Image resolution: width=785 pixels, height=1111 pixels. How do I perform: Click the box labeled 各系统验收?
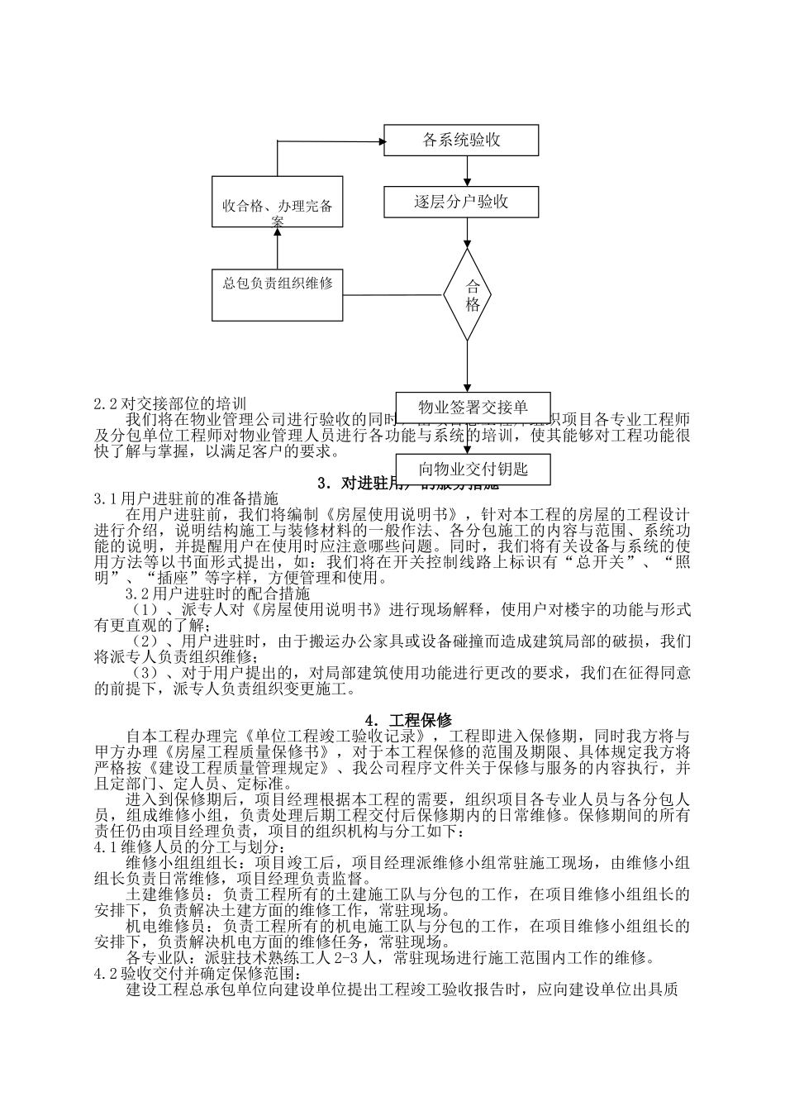461,140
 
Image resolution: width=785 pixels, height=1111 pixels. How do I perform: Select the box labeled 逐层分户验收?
461,202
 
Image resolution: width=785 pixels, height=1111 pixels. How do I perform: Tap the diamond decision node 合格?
469,294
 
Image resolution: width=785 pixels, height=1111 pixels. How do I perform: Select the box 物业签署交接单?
473,407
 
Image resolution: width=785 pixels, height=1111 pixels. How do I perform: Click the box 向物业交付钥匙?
473,470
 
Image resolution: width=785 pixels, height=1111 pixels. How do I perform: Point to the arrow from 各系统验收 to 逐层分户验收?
468,171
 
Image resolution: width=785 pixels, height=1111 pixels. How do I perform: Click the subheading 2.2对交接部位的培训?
170,404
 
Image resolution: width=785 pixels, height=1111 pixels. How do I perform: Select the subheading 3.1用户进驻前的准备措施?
186,499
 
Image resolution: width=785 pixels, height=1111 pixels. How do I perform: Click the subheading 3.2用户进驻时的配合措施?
217,594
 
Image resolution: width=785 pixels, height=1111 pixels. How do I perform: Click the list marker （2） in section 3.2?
145,641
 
